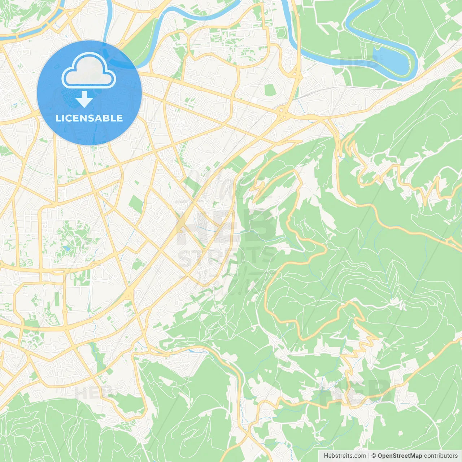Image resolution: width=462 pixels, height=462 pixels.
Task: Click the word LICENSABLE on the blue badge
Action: (89, 118)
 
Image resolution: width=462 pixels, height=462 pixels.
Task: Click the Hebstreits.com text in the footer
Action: (345, 456)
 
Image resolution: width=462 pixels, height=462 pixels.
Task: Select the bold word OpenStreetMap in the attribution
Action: (400, 456)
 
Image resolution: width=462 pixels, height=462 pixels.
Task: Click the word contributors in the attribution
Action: (441, 456)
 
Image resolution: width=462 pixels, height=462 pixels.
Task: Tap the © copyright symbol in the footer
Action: (374, 456)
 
